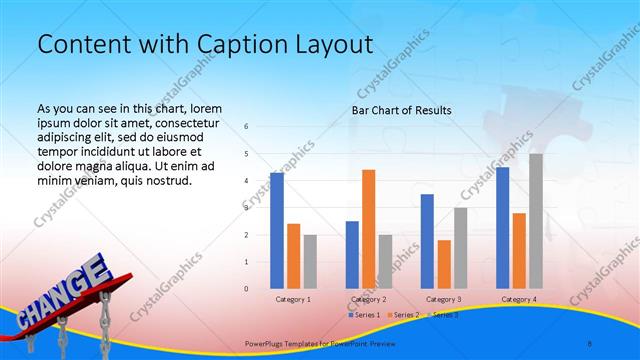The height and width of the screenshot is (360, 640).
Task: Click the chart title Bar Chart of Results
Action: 401,110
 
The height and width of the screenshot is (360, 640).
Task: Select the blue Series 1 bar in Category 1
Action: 276,231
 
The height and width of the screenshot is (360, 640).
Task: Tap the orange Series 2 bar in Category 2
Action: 368,229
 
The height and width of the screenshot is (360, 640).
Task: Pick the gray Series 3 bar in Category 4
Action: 536,221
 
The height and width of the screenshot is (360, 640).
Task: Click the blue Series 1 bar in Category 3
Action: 427,241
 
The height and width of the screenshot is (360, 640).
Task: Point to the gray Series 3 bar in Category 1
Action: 310,262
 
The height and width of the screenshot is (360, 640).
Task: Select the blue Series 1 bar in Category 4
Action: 502,228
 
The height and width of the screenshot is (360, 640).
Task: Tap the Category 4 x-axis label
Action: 518,299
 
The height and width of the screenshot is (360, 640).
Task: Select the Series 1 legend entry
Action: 364,315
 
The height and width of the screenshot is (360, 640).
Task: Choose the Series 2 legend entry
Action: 403,315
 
